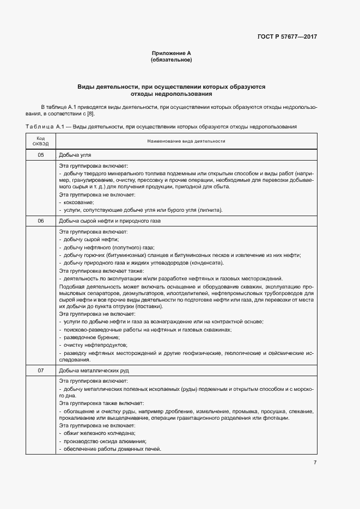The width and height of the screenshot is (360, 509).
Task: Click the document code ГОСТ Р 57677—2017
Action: click(x=287, y=37)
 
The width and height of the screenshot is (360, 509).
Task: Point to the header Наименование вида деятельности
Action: click(x=186, y=141)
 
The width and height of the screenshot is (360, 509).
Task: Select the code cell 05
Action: click(x=41, y=155)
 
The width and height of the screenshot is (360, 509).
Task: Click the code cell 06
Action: click(x=41, y=221)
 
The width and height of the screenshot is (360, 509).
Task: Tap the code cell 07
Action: click(x=41, y=371)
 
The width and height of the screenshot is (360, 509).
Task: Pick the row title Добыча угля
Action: click(x=71, y=155)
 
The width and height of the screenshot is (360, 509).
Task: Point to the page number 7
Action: click(x=315, y=462)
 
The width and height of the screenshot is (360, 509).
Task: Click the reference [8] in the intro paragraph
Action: click(x=91, y=113)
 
